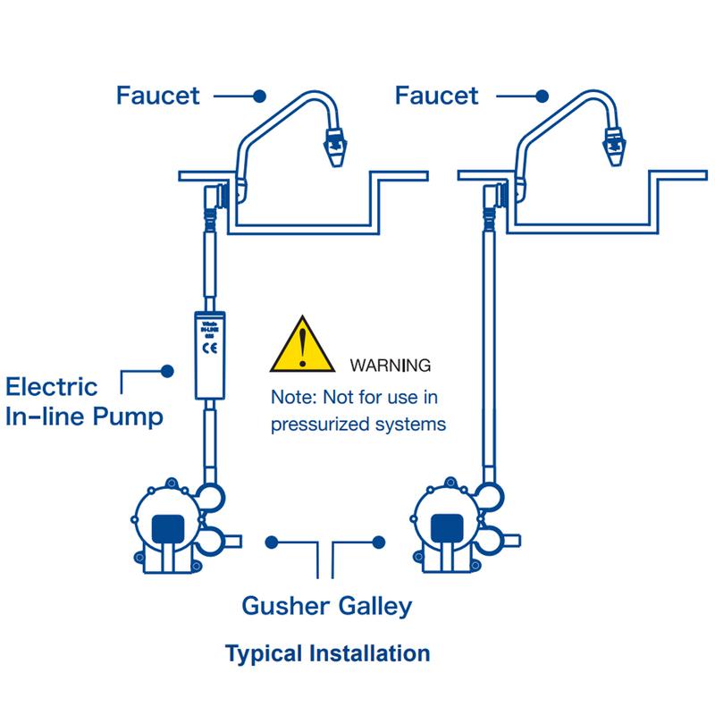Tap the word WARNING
click(x=391, y=366)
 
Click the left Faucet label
click(x=158, y=96)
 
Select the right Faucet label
click(x=436, y=96)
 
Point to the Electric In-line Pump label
click(x=85, y=403)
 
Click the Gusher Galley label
click(x=327, y=606)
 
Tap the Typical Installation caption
click(x=327, y=653)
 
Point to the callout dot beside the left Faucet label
click(x=259, y=96)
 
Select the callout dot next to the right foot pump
click(x=380, y=541)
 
